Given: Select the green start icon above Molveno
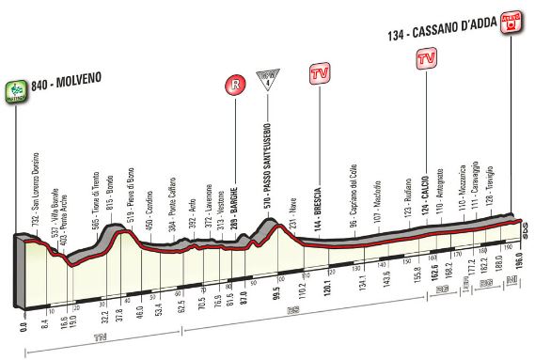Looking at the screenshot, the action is tap(15, 87).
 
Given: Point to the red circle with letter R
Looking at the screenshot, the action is tap(230, 86).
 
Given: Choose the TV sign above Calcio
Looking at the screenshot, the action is tap(425, 59).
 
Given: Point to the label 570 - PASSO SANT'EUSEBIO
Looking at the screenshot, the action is tap(269, 169).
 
